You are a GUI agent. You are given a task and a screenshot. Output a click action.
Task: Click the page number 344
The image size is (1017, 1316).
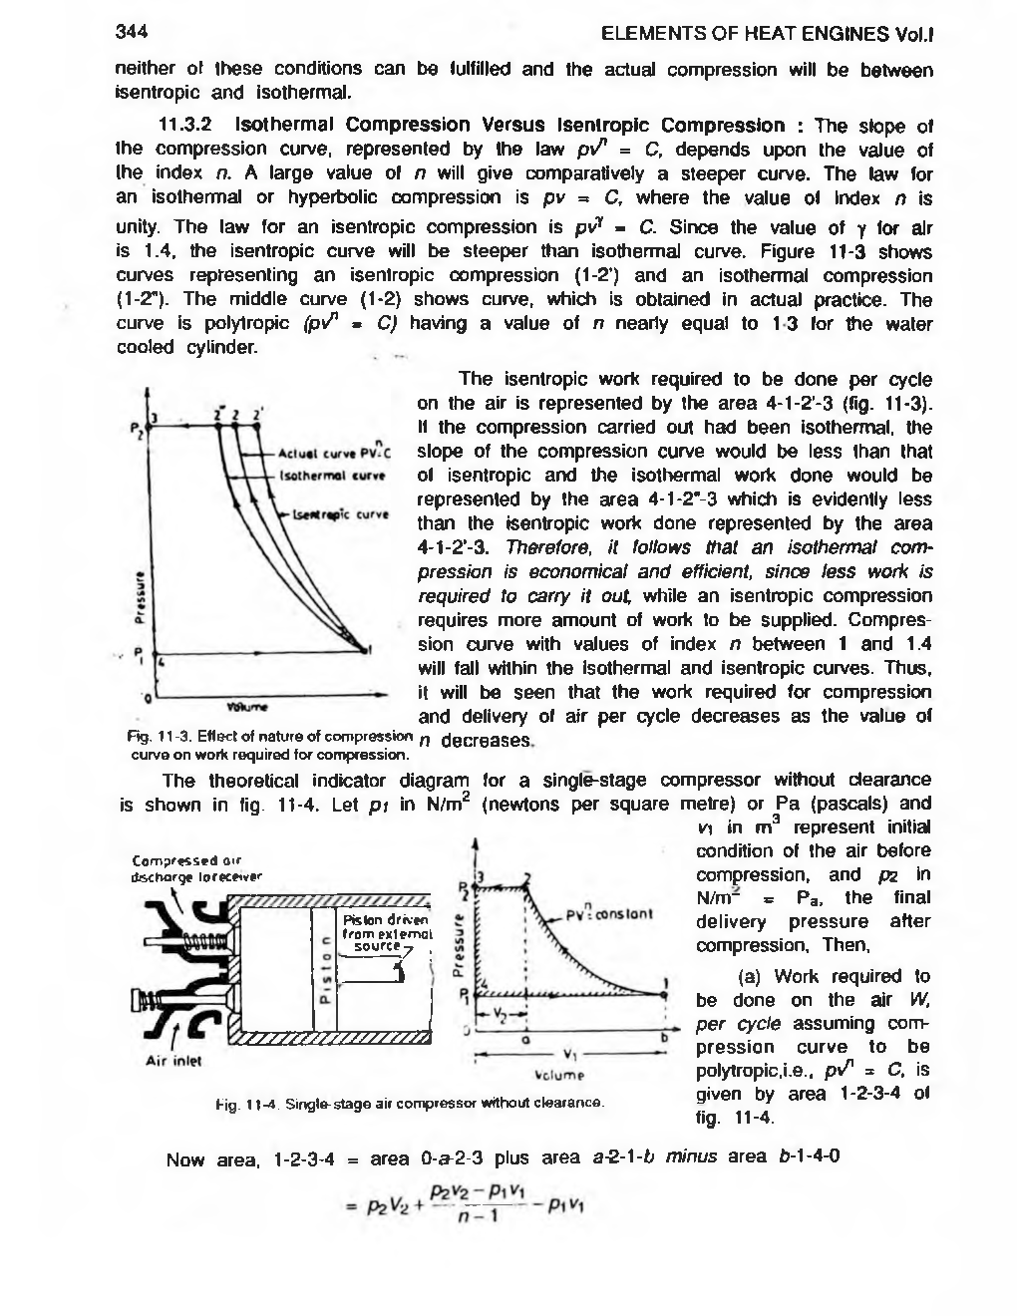(x=132, y=31)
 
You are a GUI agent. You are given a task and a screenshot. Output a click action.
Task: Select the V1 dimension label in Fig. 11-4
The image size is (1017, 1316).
(x=570, y=1055)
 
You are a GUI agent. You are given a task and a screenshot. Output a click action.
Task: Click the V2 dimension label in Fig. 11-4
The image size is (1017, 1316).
(x=504, y=1016)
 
